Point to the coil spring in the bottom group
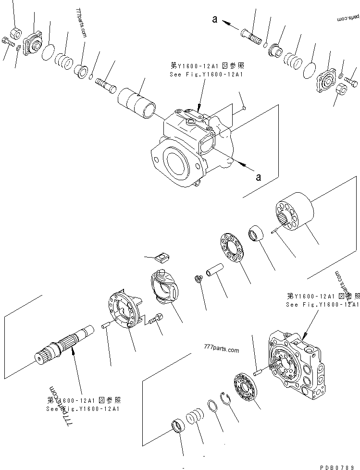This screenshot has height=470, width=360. (x=195, y=415)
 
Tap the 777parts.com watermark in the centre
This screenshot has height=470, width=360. (x=221, y=350)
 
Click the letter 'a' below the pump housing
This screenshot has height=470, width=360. (x=259, y=177)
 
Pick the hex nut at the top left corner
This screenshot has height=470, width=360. (x=14, y=33)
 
